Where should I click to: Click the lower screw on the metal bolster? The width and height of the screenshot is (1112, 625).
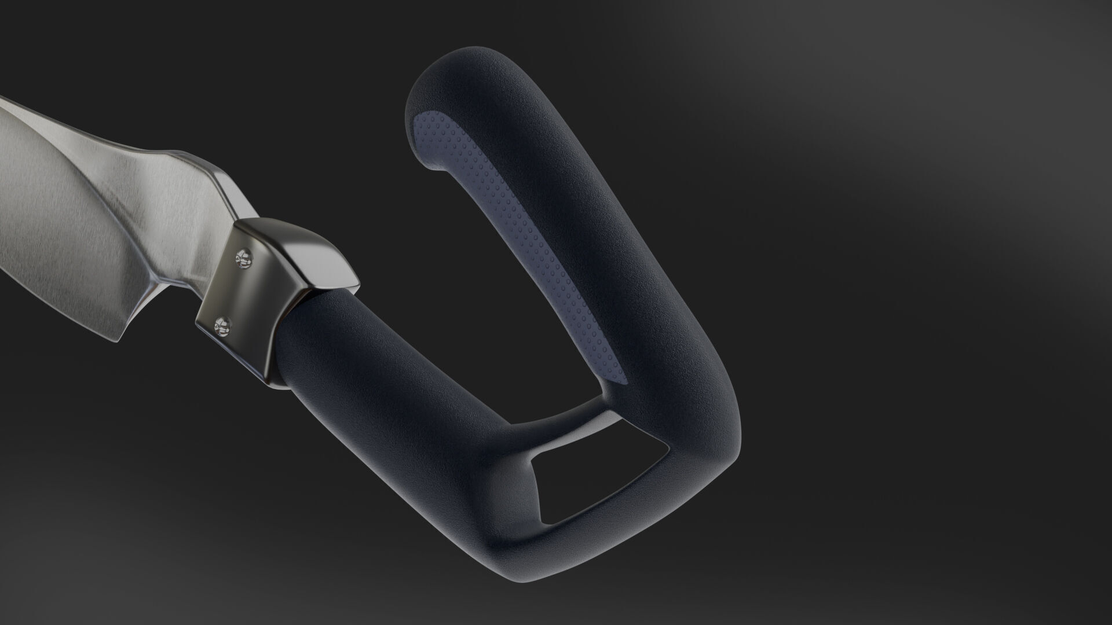click(221, 328)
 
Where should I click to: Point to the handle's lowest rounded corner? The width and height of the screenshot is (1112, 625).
click(515, 573)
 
